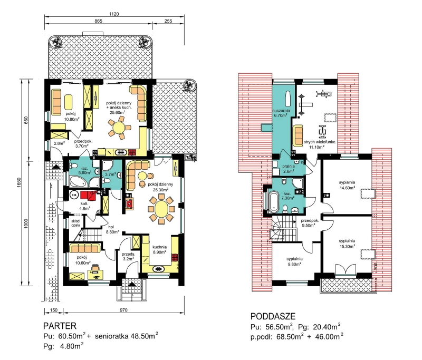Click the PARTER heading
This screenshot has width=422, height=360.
click(60, 326)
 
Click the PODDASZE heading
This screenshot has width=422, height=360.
click(273, 316)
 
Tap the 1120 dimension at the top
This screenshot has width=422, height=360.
click(114, 14)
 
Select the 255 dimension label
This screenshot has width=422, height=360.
click(168, 21)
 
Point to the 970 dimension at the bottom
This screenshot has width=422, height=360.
click(123, 310)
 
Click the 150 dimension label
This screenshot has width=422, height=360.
click(54, 310)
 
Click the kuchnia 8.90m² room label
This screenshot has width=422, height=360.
click(160, 249)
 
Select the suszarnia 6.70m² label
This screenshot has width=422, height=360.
click(281, 113)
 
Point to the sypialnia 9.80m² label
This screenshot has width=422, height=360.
click(294, 261)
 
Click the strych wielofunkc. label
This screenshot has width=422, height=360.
click(320, 142)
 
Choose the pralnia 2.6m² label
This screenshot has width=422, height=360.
click(289, 169)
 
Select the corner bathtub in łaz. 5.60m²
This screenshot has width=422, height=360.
click(78, 181)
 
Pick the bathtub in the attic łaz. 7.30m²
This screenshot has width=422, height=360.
click(273, 201)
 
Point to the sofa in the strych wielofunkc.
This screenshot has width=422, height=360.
click(298, 136)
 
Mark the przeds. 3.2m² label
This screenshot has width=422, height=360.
click(128, 256)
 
